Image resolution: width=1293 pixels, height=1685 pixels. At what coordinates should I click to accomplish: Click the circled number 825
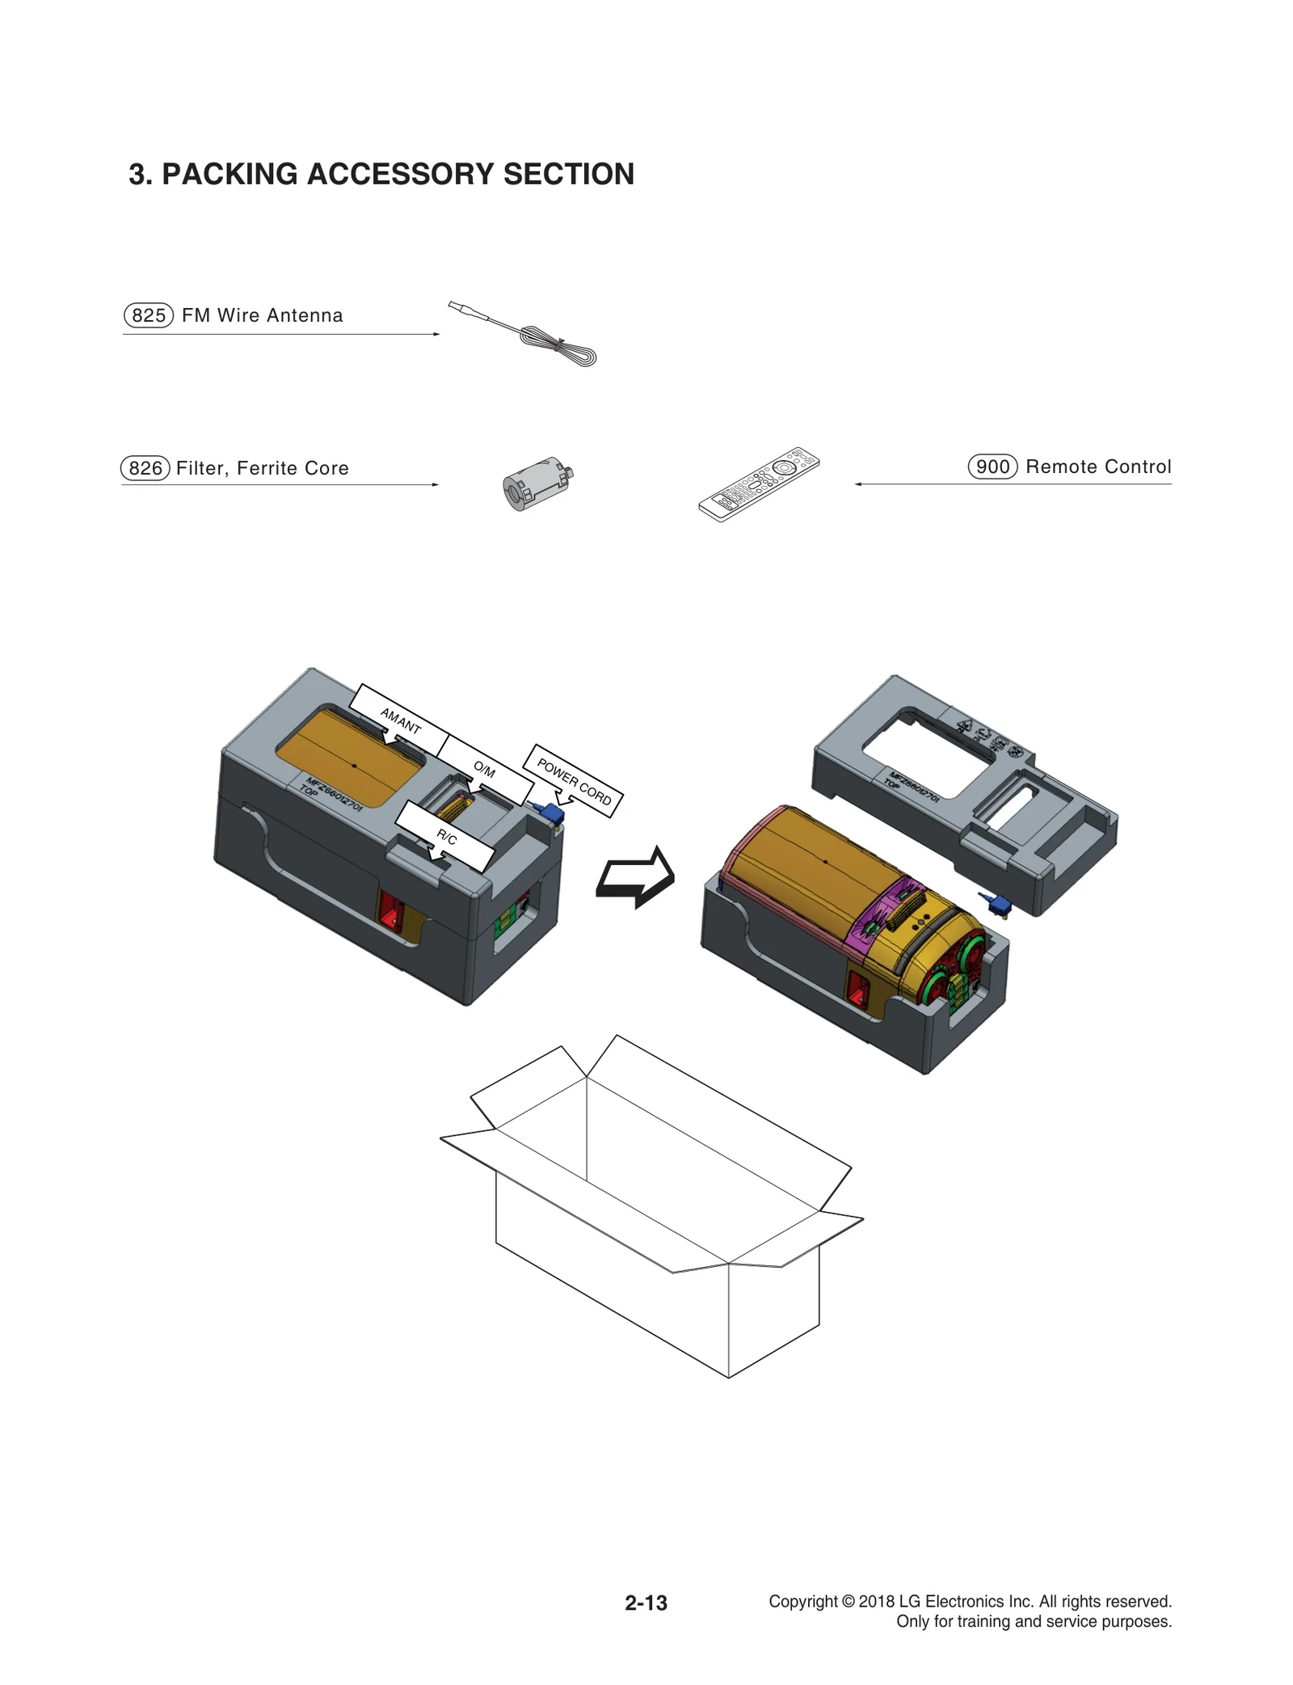pos(149,315)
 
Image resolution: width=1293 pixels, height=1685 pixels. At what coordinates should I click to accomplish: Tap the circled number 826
pos(145,468)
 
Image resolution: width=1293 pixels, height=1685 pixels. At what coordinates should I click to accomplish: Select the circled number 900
pos(992,467)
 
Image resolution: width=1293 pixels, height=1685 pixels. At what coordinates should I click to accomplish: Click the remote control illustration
pos(758,485)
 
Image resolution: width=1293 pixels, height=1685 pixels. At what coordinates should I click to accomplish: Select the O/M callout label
pos(484,769)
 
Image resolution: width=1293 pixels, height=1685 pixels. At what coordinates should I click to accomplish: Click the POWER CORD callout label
pos(574,781)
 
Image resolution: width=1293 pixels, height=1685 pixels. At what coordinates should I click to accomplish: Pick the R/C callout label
pos(446,838)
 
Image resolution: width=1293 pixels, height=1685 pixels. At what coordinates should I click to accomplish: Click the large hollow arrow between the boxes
pos(635,878)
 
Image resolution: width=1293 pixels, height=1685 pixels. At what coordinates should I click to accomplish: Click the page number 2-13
pos(646,1603)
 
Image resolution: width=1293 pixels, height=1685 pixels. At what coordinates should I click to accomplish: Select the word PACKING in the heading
pos(230,174)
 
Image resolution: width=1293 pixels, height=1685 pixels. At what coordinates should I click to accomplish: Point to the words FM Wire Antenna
pos(262,315)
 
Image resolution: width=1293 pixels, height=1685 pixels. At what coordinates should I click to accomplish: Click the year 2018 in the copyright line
pos(876,1601)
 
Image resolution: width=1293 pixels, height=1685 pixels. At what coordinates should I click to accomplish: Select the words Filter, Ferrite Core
pos(262,468)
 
